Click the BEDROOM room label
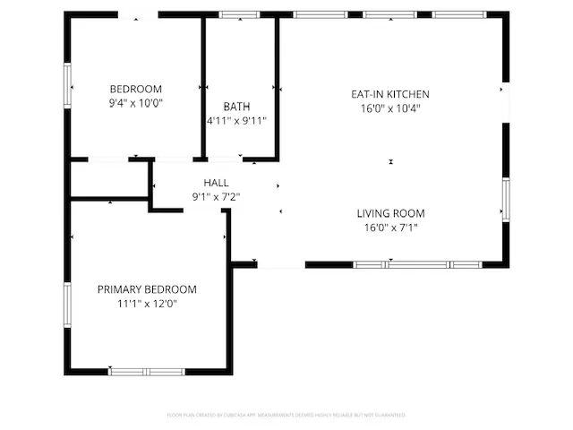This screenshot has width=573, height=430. click(x=135, y=89)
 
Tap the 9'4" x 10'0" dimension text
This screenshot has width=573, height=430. click(x=135, y=103)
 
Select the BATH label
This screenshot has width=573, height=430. click(x=236, y=107)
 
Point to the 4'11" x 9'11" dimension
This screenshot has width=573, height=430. click(x=236, y=121)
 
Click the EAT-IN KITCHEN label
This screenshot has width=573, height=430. click(x=390, y=93)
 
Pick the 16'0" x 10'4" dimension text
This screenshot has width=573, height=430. click(x=390, y=107)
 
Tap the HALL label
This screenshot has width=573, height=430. click(x=216, y=183)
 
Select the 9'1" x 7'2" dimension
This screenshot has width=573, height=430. click(x=216, y=197)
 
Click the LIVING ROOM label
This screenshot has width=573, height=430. click(x=390, y=213)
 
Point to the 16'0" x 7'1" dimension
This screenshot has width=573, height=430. click(x=390, y=228)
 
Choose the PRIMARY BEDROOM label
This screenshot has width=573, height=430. click(x=147, y=289)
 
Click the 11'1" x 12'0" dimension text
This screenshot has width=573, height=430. click(x=147, y=304)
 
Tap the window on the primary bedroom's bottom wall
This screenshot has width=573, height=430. click(x=147, y=371)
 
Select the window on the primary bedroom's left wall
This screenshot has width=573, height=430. click(x=67, y=305)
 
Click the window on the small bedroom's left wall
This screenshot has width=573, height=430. click(x=67, y=85)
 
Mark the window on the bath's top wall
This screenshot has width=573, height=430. click(x=238, y=14)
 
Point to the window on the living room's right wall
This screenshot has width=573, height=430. click(x=506, y=199)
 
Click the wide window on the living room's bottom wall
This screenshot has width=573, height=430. click(x=417, y=264)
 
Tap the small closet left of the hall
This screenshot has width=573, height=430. click(x=109, y=180)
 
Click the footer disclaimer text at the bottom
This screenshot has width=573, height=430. click(x=286, y=416)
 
